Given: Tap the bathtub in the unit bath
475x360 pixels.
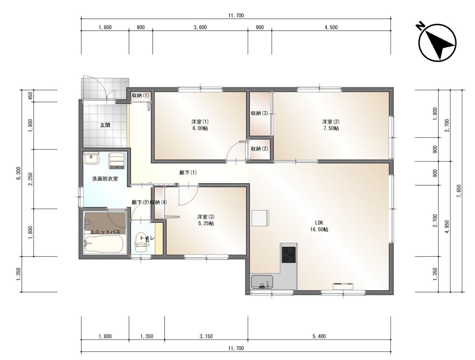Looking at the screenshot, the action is [104, 244].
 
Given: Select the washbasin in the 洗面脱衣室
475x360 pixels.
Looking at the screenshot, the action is [91, 158].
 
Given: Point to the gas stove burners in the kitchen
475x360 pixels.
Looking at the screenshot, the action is [288, 255].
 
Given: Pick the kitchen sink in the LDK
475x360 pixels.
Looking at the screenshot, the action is [262, 282].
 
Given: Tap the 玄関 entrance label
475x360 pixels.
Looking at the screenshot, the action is [105, 125].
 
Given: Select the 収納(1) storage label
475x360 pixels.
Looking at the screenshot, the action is [141, 95].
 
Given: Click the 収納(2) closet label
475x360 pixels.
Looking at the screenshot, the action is [259, 149].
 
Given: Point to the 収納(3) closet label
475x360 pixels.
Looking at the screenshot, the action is [259, 113].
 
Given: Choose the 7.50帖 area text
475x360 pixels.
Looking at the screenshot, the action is [331, 128].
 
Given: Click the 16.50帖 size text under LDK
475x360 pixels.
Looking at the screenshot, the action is [319, 229].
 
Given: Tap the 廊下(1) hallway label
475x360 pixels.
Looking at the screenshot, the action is [188, 172].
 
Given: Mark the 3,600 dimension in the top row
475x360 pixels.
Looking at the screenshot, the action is [200, 27].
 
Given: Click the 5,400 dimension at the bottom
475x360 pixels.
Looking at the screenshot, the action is [319, 336].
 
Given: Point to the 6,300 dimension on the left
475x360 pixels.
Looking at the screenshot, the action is [19, 173].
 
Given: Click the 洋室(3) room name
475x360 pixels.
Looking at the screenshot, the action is [206, 217].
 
